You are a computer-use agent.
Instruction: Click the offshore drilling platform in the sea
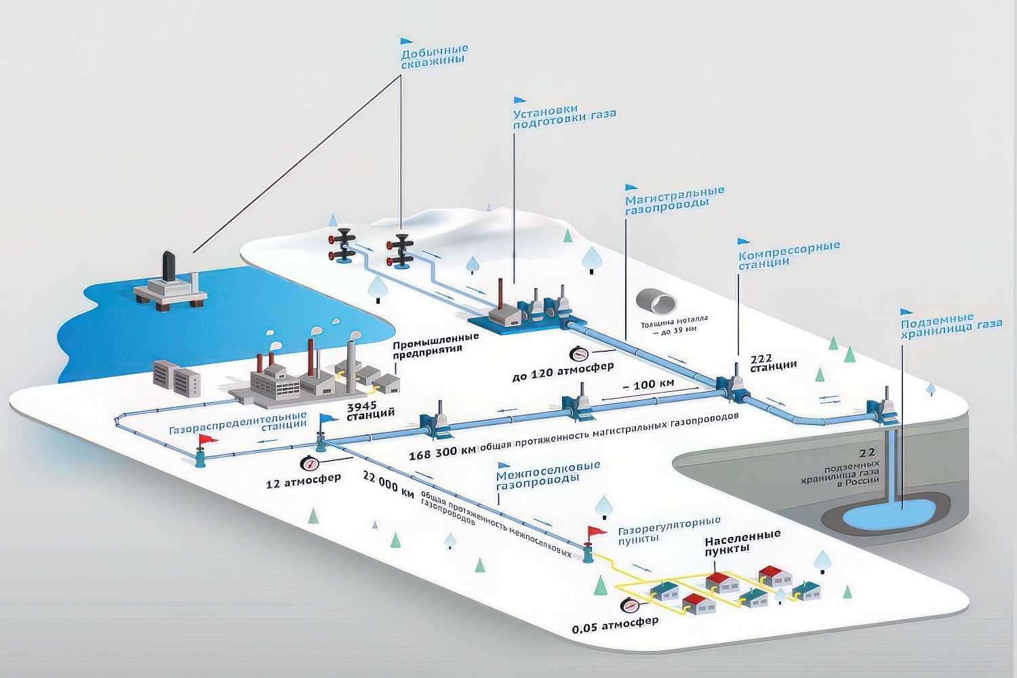170,283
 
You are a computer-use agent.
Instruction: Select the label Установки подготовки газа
564,117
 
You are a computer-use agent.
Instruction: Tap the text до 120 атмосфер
563,370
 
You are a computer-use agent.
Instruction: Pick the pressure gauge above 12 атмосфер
309,464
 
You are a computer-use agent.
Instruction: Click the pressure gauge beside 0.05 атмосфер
629,605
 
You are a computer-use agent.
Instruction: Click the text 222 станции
773,363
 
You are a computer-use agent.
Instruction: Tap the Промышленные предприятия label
435,346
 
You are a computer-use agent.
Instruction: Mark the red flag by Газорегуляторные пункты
597,532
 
